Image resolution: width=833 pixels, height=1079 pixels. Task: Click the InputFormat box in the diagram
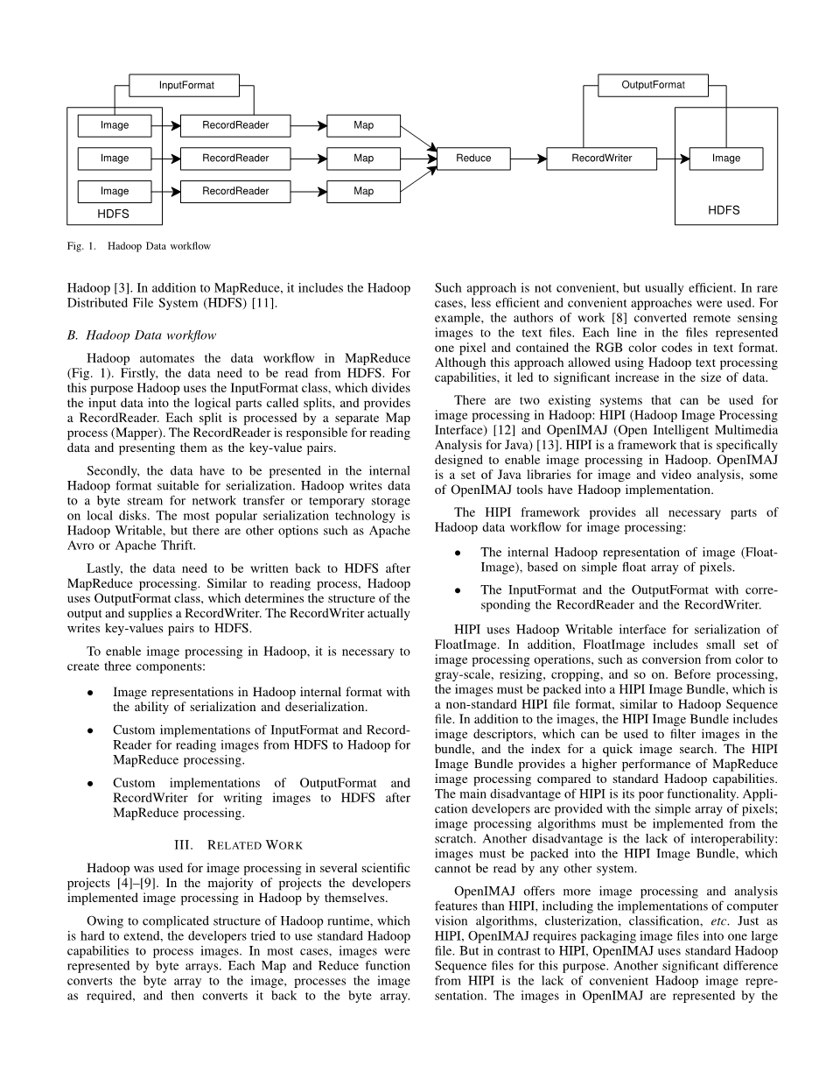[185, 85]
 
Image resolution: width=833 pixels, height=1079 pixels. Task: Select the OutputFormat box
[653, 85]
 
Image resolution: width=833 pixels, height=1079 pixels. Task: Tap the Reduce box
[473, 159]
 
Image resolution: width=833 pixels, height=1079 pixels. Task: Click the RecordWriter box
[601, 159]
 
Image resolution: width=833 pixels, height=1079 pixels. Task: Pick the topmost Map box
[363, 125]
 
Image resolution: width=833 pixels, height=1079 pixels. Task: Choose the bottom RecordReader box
[235, 191]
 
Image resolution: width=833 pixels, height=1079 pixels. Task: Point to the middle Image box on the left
[115, 159]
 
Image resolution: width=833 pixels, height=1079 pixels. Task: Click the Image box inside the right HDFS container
[725, 159]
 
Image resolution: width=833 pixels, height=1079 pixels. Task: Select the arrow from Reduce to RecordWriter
[528, 159]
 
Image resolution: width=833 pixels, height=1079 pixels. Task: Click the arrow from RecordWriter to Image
[673, 159]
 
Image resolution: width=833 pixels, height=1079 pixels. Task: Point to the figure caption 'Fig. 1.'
[81, 247]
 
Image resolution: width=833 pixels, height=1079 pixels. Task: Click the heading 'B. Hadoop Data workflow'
[141, 335]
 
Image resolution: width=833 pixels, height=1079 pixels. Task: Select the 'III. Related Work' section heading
[238, 845]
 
